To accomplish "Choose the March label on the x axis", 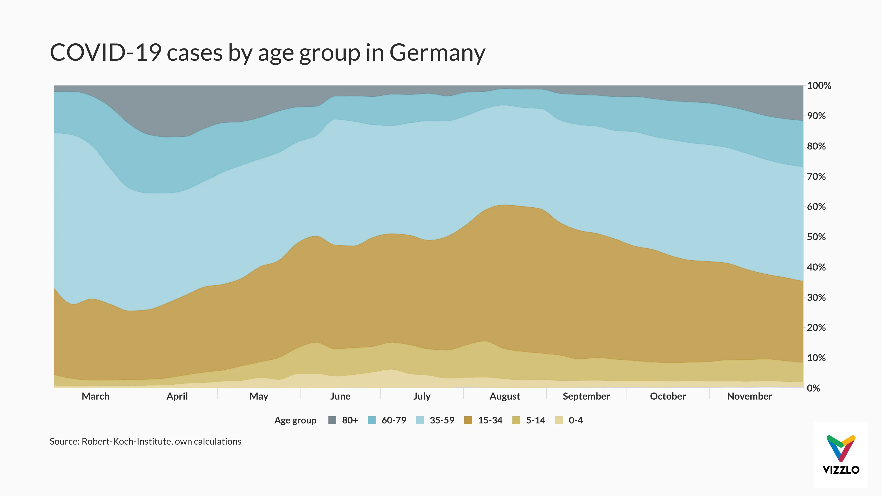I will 96,396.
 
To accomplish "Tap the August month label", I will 504,396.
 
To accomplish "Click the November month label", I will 749,396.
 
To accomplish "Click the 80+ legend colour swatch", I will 332,420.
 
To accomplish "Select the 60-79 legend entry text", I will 394,420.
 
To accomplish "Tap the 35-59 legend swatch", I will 420,420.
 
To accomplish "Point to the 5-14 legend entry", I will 535,420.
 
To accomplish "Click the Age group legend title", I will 295,420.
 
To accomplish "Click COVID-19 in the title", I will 105,53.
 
